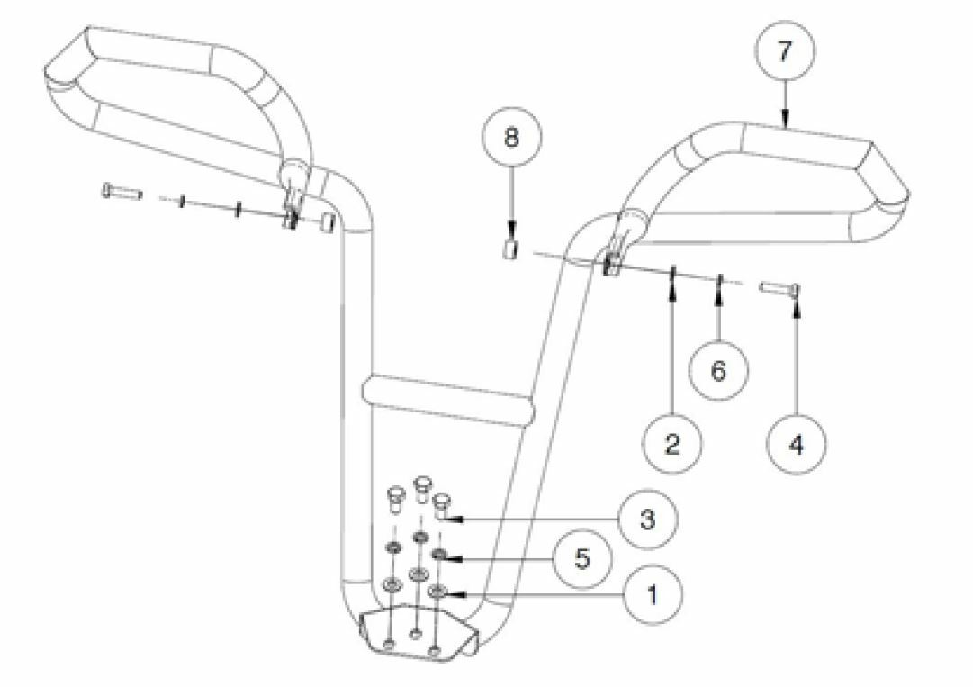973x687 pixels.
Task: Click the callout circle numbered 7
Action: point(785,51)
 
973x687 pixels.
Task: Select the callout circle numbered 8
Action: point(512,137)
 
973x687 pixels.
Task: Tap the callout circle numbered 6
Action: point(719,370)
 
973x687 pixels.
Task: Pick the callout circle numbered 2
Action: point(672,444)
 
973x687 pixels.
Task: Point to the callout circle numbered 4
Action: point(797,444)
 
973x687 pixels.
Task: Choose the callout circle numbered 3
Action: point(648,519)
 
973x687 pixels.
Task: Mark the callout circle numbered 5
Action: point(582,558)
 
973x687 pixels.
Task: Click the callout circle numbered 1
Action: point(653,594)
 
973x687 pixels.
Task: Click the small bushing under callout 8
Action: point(509,250)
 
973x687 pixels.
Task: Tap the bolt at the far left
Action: point(122,191)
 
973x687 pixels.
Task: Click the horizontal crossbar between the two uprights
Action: point(447,400)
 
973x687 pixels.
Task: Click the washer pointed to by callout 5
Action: point(439,556)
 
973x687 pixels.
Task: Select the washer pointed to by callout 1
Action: point(437,592)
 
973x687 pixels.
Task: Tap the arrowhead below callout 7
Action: point(785,118)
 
